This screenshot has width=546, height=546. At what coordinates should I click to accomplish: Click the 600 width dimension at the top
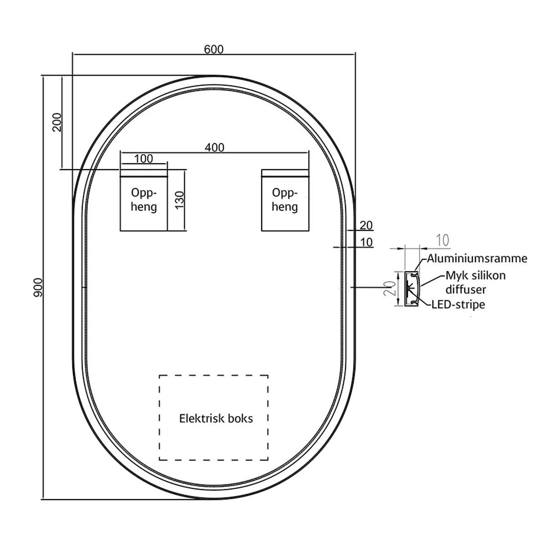tap(213, 49)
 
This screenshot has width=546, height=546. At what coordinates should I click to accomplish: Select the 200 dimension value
tap(57, 122)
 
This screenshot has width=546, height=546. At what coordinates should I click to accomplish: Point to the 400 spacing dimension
tap(214, 147)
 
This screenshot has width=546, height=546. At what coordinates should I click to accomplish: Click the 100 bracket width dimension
tap(144, 159)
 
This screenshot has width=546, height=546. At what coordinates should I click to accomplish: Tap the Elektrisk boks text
tap(216, 418)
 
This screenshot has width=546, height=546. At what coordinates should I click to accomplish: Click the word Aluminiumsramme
tap(477, 258)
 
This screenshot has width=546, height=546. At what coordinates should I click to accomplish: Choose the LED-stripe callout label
tap(458, 304)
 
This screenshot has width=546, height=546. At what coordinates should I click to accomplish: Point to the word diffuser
tap(465, 289)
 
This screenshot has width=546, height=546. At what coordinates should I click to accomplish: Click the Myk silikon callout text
tap(475, 275)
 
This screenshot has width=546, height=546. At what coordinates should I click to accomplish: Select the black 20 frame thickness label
tap(366, 225)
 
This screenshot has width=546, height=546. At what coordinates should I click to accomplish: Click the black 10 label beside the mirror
tap(366, 242)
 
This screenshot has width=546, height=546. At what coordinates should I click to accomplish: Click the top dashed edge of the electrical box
tap(213, 375)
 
